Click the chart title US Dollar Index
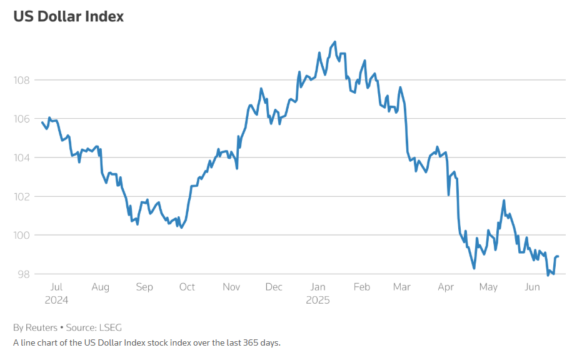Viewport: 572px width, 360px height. click(x=69, y=17)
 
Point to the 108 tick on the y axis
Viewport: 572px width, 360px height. click(x=23, y=80)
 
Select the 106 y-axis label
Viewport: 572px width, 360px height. click(x=23, y=119)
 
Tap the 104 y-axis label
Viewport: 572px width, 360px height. click(x=23, y=157)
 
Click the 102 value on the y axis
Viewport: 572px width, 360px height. click(x=23, y=196)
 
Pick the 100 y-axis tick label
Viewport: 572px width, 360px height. click(x=23, y=235)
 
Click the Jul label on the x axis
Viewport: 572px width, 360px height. click(x=56, y=287)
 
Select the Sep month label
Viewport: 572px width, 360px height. click(x=144, y=287)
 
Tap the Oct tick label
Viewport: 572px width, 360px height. click(x=187, y=287)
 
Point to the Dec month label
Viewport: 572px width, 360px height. click(x=273, y=287)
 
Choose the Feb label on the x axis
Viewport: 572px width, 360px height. click(x=361, y=287)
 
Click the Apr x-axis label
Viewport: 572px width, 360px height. click(x=446, y=287)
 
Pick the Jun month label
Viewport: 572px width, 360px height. click(x=532, y=287)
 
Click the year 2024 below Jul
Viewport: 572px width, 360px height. click(x=56, y=300)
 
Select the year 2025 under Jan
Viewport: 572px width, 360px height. click(x=318, y=300)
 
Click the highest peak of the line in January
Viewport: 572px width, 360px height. click(x=335, y=42)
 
